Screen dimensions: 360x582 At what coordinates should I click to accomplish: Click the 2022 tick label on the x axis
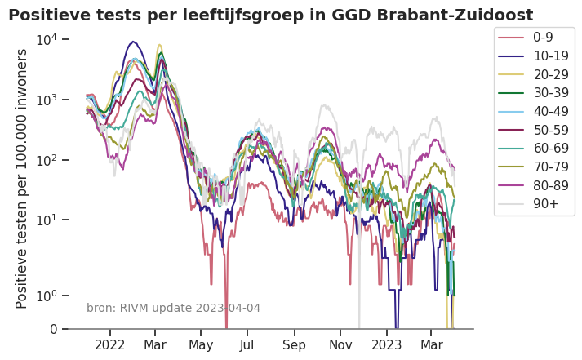click(x=110, y=345)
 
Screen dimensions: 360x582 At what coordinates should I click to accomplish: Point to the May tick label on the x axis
click(x=201, y=345)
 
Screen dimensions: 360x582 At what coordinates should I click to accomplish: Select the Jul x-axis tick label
click(x=247, y=345)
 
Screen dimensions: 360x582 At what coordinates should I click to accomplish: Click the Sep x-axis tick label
click(x=294, y=345)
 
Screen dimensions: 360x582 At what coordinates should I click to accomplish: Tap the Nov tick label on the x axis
click(x=340, y=345)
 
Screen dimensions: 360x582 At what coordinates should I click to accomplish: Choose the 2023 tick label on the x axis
click(x=386, y=345)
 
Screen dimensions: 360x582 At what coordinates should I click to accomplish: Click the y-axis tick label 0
click(x=54, y=329)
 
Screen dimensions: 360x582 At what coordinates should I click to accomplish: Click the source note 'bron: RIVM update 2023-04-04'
click(x=173, y=308)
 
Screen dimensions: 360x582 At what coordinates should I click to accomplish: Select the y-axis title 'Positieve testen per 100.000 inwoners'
click(x=22, y=178)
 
